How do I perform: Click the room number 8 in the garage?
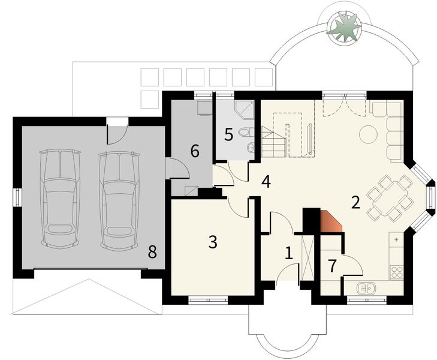click(x=152, y=251)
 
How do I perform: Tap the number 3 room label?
click(x=212, y=242)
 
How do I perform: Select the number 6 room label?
click(x=195, y=151)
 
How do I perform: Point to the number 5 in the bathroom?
click(x=228, y=134)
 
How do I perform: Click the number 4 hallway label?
click(x=266, y=181)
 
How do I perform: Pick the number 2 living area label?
click(x=355, y=203)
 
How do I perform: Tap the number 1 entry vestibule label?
click(x=288, y=253)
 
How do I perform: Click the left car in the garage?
click(x=59, y=199)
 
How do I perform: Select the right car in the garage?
click(x=119, y=200)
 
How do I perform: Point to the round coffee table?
click(x=367, y=134)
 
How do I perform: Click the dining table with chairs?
click(x=390, y=197)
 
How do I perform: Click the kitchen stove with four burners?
click(x=397, y=272)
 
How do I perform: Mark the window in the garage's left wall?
click(x=17, y=197)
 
